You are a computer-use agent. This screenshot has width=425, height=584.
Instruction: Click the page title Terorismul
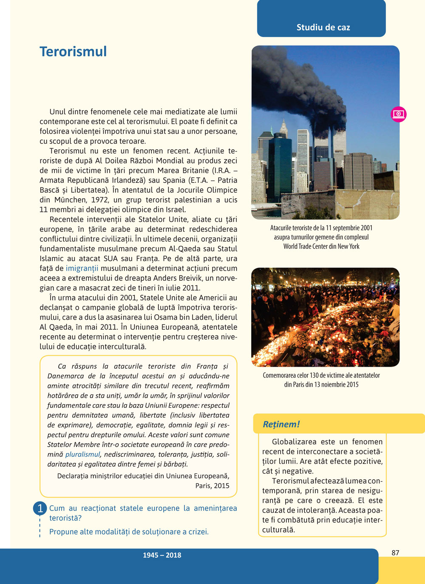point(73,51)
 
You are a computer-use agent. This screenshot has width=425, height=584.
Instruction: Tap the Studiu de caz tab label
point(323,27)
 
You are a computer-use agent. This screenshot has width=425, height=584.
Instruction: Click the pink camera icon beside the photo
point(399,114)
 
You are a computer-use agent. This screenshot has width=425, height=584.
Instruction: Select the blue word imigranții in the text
point(82,268)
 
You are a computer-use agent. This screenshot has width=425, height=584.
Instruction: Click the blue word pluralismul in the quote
point(82,455)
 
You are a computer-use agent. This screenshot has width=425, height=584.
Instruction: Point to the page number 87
point(395,553)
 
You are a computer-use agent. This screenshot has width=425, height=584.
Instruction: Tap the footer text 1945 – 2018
point(162,555)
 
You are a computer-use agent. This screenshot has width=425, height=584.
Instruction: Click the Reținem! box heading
point(281,424)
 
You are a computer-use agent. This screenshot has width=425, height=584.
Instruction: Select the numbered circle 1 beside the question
point(40,508)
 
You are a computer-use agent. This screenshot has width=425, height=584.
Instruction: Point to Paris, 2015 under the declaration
point(212,486)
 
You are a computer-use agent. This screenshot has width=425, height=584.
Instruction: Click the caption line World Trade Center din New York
point(321,246)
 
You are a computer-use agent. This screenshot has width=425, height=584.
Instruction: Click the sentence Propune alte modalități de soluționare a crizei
point(129,532)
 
